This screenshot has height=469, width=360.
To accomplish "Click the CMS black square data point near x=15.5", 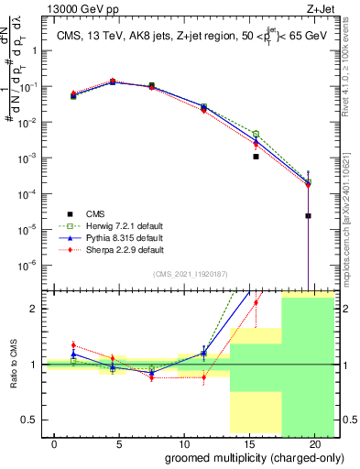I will (256, 157).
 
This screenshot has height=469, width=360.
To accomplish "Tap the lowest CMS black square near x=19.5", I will (309, 216).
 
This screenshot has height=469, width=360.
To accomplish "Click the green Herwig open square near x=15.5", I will (256, 134).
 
